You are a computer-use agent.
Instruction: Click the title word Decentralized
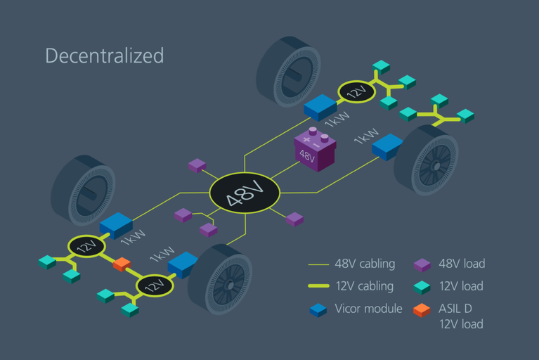104,56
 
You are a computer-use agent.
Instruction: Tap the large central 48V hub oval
245,192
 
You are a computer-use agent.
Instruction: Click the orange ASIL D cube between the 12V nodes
122,264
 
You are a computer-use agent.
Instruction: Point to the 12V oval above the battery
357,92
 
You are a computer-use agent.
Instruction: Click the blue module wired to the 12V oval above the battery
321,106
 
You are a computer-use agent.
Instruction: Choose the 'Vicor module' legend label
368,309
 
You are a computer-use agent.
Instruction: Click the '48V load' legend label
462,264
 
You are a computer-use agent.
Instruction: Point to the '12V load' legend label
462,286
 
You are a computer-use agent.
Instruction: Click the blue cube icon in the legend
318,309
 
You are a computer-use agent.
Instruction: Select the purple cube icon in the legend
422,265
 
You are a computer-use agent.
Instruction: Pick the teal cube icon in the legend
422,287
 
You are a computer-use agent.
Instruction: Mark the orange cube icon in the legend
422,309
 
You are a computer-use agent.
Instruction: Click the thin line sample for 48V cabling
318,265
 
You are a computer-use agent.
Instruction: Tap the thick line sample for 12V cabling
318,287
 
